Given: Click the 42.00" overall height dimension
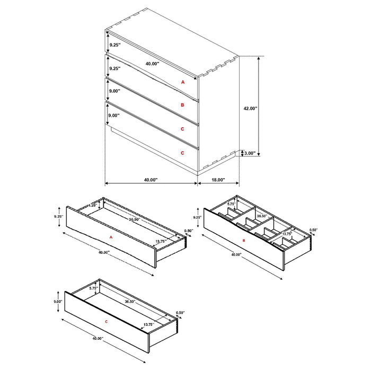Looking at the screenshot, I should (x=250, y=108).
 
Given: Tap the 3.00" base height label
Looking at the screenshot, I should (x=249, y=154).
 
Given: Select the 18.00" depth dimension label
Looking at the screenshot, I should (x=218, y=180).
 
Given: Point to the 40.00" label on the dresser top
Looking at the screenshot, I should (x=152, y=64).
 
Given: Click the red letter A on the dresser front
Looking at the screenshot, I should (x=182, y=82).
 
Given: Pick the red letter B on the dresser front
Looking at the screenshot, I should (x=182, y=105).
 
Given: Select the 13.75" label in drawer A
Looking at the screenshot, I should (x=161, y=241).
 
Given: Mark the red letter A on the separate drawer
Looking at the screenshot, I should (x=111, y=238).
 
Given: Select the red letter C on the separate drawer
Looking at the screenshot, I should (x=107, y=322).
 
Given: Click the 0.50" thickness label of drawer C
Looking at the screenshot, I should (x=180, y=313).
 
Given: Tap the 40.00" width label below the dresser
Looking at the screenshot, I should (x=151, y=180).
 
